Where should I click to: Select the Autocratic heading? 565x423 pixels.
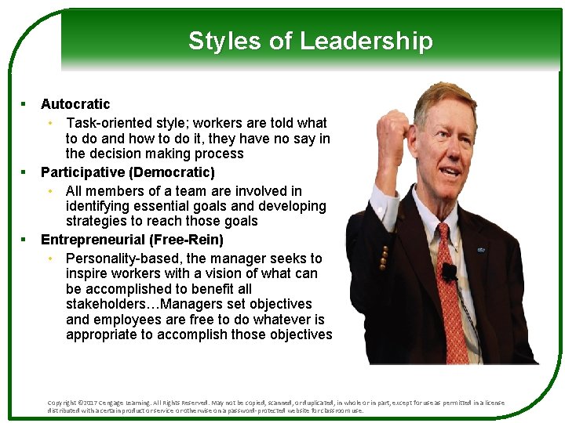point(75,104)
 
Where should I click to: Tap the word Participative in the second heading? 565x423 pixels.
point(82,172)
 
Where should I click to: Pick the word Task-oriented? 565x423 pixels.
point(111,123)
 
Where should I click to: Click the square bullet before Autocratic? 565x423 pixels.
point(24,103)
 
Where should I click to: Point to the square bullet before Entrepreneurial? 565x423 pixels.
point(24,239)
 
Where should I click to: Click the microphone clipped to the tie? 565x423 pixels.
point(449,272)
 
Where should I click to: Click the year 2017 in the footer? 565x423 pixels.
point(91,403)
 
